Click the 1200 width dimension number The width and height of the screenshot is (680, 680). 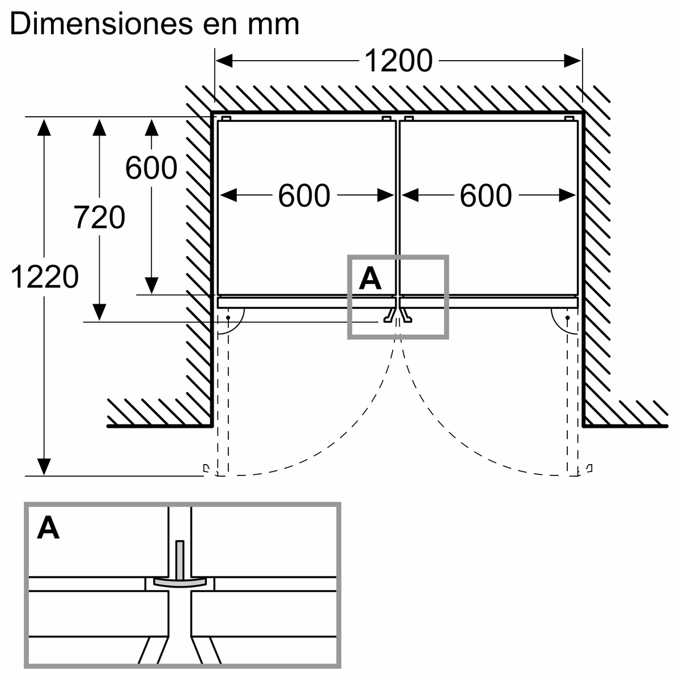click(x=398, y=61)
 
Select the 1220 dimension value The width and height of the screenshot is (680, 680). click(x=44, y=277)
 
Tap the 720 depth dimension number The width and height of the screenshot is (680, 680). click(x=99, y=218)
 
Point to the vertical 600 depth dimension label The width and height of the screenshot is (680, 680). click(x=151, y=168)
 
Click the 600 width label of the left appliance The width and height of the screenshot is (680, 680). click(x=304, y=196)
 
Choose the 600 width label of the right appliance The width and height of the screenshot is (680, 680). click(x=485, y=196)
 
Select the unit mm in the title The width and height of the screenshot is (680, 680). click(x=274, y=25)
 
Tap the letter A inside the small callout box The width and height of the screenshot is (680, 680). click(x=370, y=278)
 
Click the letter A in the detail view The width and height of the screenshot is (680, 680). click(x=49, y=528)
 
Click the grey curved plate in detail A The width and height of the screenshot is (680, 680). click(x=180, y=583)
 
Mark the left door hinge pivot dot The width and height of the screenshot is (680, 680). click(x=228, y=318)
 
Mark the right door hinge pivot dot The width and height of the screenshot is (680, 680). click(x=567, y=318)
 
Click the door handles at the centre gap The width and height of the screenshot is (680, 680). click(x=398, y=316)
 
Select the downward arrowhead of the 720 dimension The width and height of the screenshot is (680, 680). click(x=99, y=312)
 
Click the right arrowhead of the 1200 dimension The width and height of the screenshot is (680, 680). click(x=573, y=60)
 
